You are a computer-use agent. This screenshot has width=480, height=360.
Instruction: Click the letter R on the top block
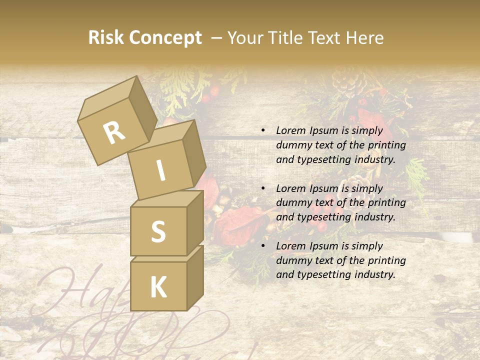point(114,133)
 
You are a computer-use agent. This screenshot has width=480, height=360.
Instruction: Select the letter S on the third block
point(158,231)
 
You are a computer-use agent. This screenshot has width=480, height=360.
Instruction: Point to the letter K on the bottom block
point(158,287)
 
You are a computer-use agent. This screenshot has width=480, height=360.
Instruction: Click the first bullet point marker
point(263,130)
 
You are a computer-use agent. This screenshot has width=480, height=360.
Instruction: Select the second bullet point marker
point(263,188)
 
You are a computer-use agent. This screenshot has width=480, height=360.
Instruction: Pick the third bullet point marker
point(263,246)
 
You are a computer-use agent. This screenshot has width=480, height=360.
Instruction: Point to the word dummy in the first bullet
point(292,145)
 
